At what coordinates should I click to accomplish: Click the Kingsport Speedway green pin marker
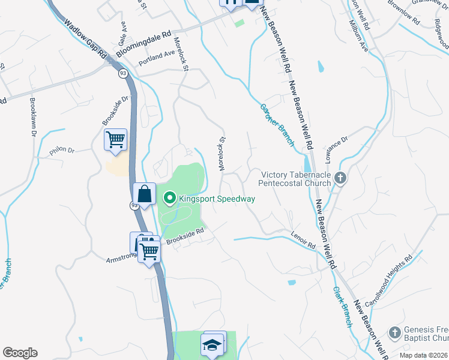click(x=169, y=198)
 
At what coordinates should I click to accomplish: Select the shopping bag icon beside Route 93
click(x=145, y=194)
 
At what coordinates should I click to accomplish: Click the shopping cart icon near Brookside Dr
click(x=115, y=140)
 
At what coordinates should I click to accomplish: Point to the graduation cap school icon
click(x=211, y=346)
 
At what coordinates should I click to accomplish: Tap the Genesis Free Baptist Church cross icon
click(x=394, y=332)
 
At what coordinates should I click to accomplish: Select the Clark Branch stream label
click(x=342, y=306)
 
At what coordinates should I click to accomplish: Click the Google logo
click(x=20, y=353)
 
